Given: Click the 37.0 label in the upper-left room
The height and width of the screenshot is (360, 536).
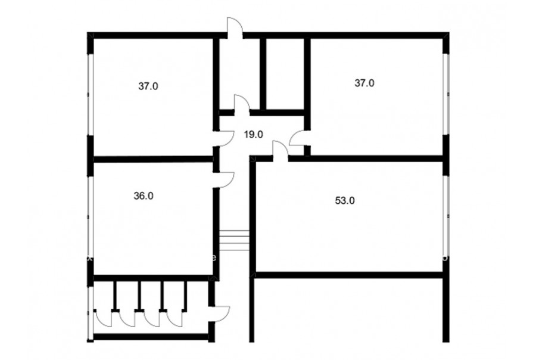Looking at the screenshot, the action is [148, 86].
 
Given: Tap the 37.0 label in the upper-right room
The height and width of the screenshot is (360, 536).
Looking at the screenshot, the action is [364, 83].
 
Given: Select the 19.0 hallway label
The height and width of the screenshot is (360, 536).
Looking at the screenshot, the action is [253, 135].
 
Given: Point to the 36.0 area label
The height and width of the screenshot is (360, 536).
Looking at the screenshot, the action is [144, 196].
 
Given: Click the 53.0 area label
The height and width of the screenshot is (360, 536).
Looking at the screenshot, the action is [345, 200].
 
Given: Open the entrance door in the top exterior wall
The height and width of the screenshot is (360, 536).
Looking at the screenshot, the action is [235, 27].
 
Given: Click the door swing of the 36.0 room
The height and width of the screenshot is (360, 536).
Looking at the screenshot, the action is [224, 179].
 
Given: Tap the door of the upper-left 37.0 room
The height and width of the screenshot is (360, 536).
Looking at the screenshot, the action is [224, 139].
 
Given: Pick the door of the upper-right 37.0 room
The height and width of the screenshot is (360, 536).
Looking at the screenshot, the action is [297, 138].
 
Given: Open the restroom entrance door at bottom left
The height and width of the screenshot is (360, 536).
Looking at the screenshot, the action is [220, 313].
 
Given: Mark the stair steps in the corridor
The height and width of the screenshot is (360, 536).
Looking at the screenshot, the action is [234, 240].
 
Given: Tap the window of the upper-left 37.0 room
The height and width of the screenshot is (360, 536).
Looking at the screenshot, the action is [91, 94].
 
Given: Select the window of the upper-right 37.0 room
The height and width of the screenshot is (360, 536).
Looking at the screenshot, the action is [446, 94].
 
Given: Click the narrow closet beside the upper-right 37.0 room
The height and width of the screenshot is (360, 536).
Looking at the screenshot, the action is [285, 74].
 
